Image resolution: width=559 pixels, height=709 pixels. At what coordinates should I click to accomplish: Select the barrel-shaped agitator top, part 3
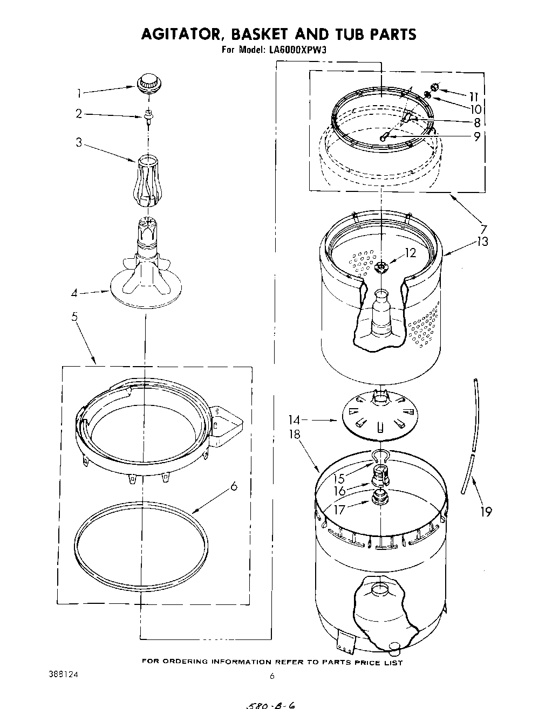pyautogui.click(x=147, y=180)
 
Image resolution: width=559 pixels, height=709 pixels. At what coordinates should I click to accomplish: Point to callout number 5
pyautogui.click(x=74, y=316)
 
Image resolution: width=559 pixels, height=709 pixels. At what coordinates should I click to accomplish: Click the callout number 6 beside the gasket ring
pyautogui.click(x=233, y=486)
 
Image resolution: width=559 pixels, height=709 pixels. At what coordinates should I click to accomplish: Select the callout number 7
pyautogui.click(x=483, y=229)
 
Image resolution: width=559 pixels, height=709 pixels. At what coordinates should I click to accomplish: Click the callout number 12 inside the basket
pyautogui.click(x=411, y=252)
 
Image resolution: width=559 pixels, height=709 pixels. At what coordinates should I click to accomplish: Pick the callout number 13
pyautogui.click(x=482, y=242)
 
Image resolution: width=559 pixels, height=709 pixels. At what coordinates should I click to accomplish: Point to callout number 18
pyautogui.click(x=294, y=435)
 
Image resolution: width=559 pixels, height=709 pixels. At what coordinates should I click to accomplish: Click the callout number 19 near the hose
pyautogui.click(x=486, y=511)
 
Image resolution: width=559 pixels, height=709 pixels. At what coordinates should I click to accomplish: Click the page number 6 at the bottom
pyautogui.click(x=272, y=676)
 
